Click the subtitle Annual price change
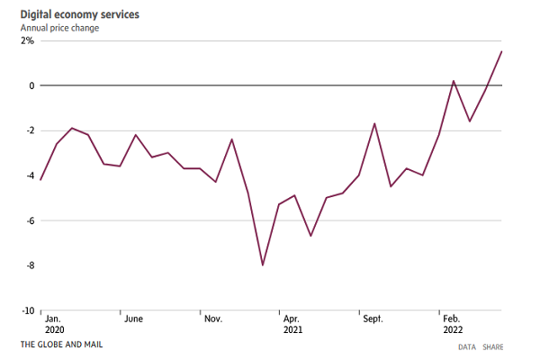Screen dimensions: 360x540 (60, 29)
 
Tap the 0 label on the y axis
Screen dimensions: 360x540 (31, 85)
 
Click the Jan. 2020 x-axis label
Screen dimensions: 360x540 (53, 324)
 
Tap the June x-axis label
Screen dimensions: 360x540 (134, 319)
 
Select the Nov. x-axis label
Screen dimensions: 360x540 (213, 319)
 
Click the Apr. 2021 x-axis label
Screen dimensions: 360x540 (292, 324)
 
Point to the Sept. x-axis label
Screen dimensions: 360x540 (373, 319)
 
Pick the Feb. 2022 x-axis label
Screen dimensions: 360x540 (453, 324)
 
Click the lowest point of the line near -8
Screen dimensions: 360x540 (263, 265)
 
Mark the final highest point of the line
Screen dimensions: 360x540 (501, 51)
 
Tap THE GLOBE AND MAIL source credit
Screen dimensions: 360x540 (63, 346)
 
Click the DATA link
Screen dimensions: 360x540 (466, 346)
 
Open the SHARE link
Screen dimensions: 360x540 (493, 346)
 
